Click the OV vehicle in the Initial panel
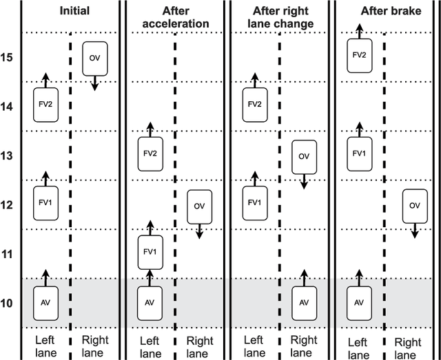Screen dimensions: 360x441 [x=94, y=59]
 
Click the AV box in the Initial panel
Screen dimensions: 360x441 [x=45, y=302]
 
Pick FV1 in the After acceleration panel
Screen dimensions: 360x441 [x=150, y=252]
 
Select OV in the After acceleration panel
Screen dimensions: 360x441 [x=199, y=206]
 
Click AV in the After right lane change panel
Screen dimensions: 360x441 [x=303, y=302]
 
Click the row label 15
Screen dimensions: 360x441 [x=7, y=57]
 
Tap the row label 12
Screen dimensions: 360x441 [x=7, y=205]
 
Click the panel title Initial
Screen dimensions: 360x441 [x=74, y=11]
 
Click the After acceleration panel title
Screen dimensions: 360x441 [x=176, y=17]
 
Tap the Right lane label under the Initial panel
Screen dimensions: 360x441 [x=95, y=346]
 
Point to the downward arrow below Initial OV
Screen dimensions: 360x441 [x=95, y=83]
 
